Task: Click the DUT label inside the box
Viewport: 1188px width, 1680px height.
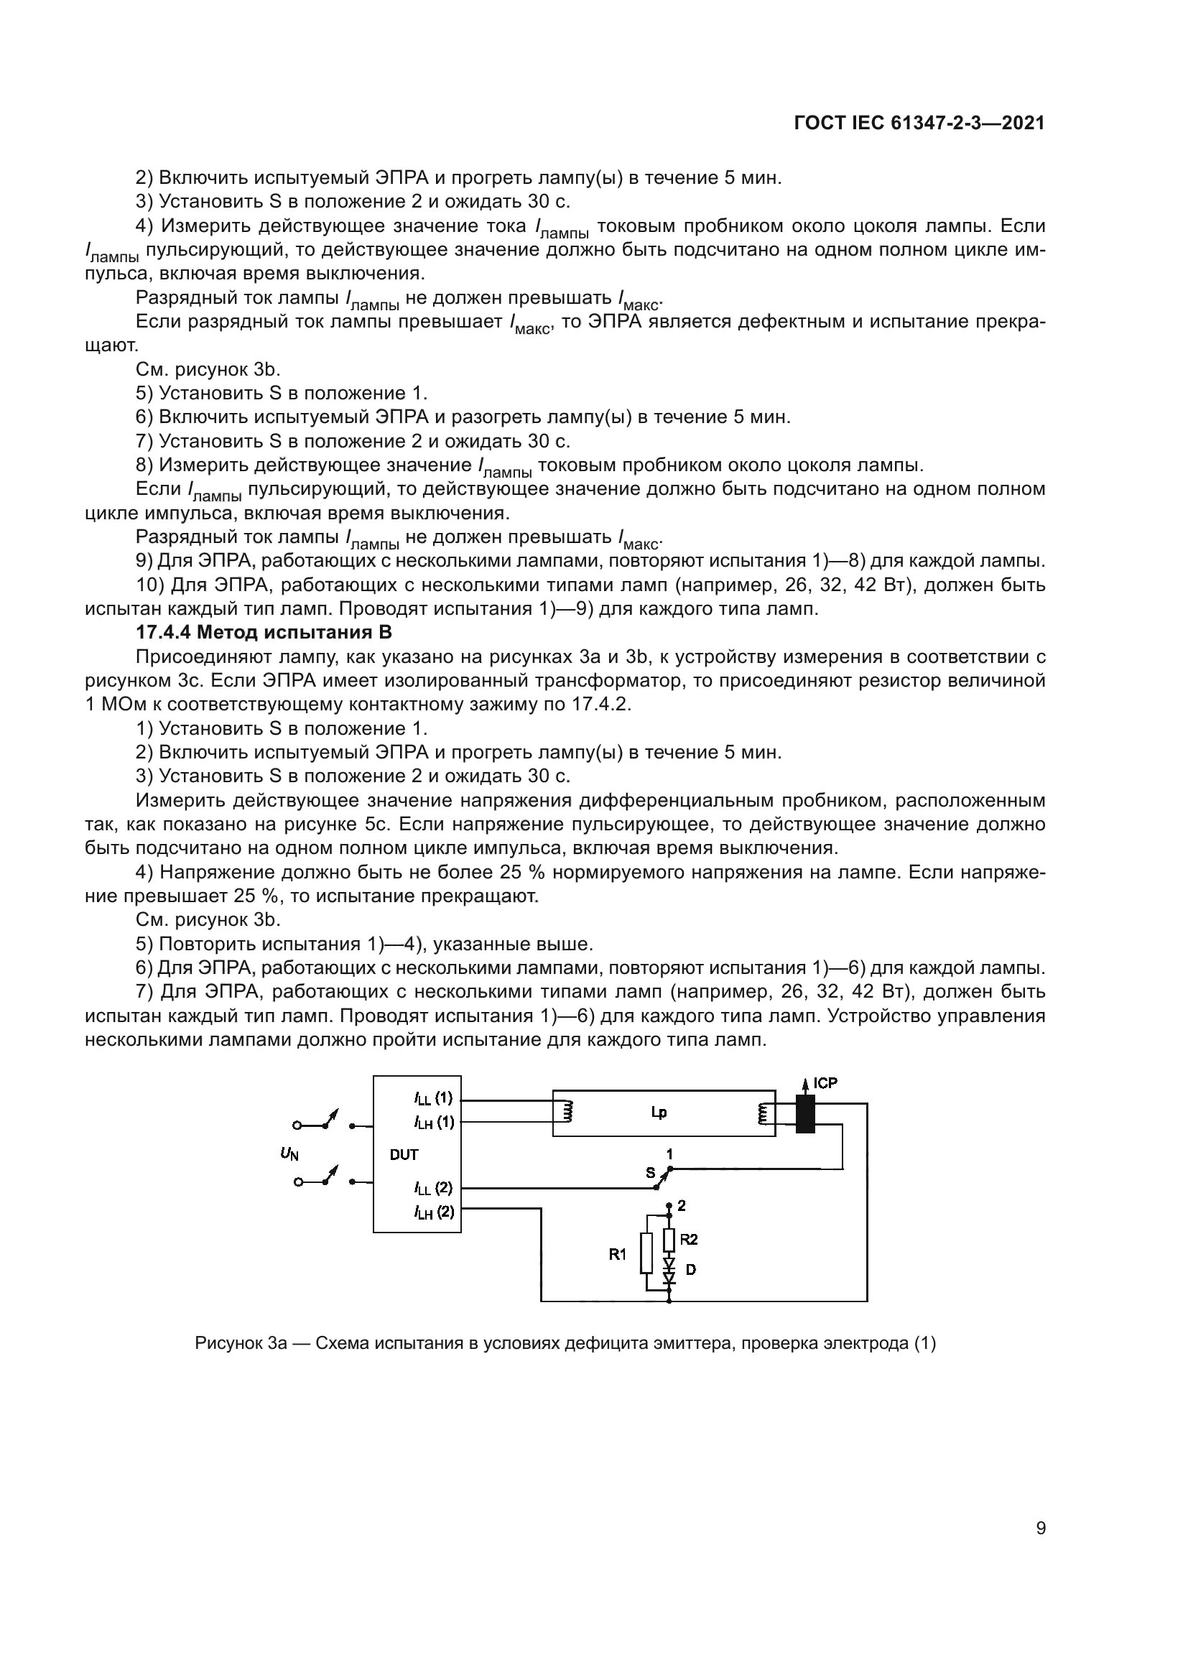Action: [x=404, y=1155]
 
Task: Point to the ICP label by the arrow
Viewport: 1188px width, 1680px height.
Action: [x=825, y=1083]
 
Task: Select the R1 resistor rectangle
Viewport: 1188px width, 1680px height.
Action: [x=646, y=1254]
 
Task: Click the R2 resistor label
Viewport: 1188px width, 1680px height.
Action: [x=688, y=1239]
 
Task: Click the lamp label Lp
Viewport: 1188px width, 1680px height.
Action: [x=659, y=1113]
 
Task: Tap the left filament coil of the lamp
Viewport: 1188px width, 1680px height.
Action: [x=566, y=1113]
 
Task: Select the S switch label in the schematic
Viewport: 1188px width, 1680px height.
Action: [x=649, y=1173]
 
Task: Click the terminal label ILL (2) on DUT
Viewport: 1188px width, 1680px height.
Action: [x=433, y=1187]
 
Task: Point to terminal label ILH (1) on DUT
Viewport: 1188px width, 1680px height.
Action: [x=433, y=1122]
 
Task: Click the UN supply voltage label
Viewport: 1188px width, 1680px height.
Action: [x=289, y=1154]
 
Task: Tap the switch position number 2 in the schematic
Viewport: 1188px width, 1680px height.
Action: [x=682, y=1205]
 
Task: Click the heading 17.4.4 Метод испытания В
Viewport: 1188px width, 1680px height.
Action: [x=264, y=632]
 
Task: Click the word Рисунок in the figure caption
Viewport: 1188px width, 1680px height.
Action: [x=229, y=1343]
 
